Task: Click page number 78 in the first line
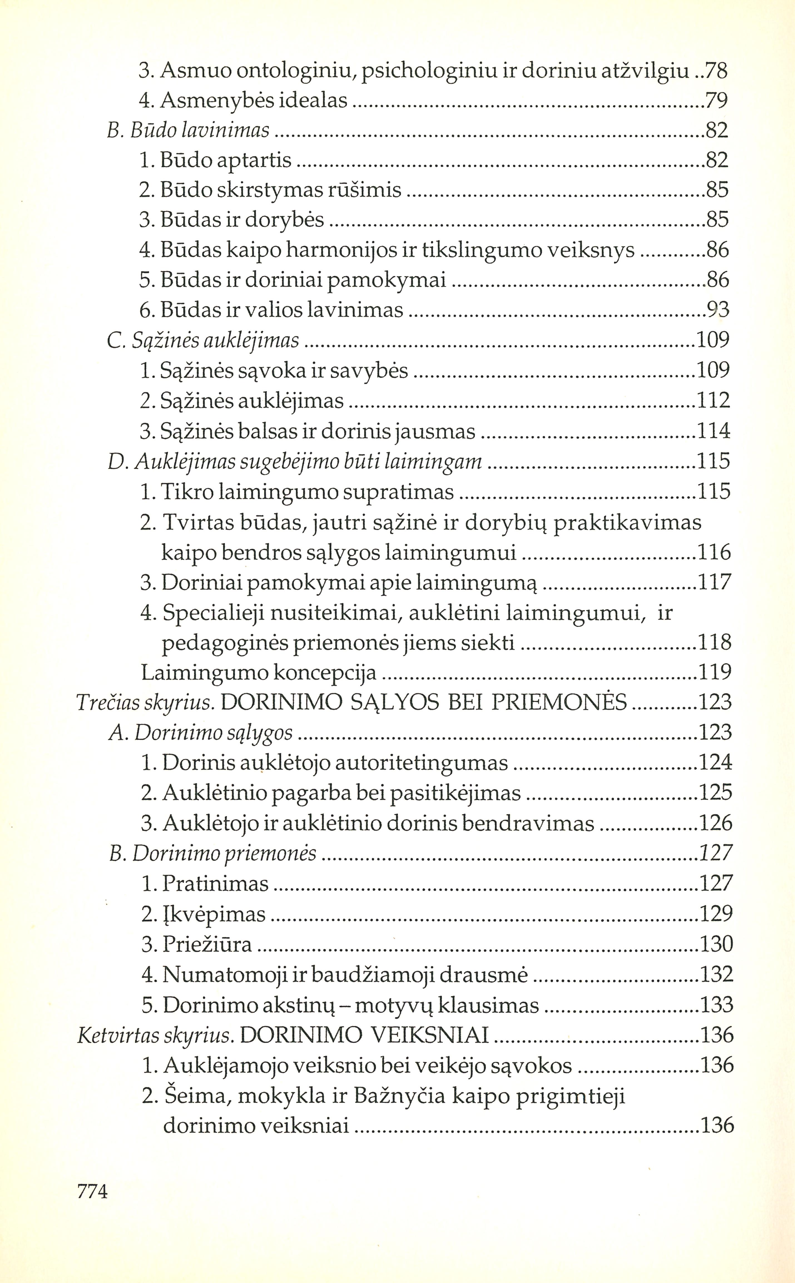click(715, 70)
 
